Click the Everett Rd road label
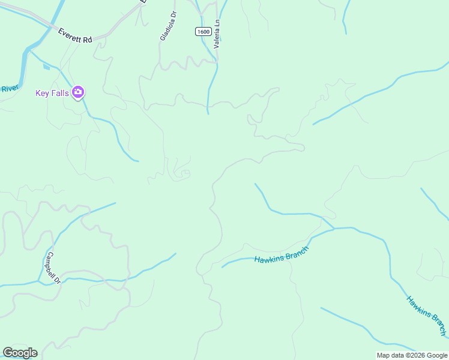tap(75, 35)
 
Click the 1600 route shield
tap(202, 31)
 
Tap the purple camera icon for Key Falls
tap(78, 92)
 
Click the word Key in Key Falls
tap(42, 92)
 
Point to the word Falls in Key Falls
tap(59, 92)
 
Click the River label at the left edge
tap(10, 89)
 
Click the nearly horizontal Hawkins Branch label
tap(281, 255)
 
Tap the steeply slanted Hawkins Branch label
tap(427, 316)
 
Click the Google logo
tap(20, 353)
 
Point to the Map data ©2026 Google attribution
tap(411, 355)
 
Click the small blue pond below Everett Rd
tap(46, 66)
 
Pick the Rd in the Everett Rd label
tap(87, 39)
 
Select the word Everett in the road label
tap(70, 34)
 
